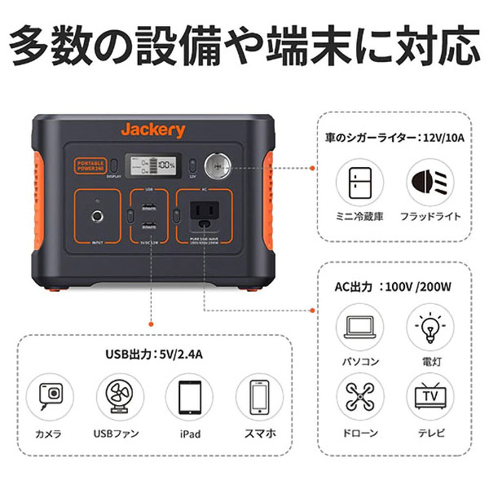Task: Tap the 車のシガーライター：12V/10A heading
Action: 394,139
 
